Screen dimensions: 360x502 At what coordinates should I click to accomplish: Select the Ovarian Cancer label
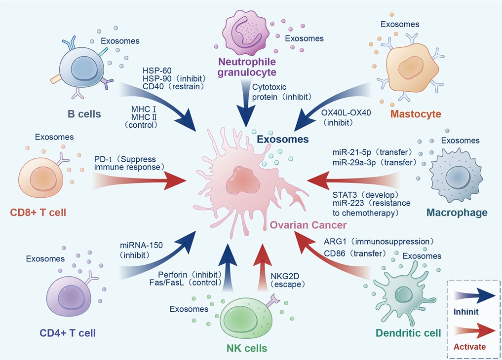[x=308, y=225]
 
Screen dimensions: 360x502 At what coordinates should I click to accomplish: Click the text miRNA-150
[x=140, y=246]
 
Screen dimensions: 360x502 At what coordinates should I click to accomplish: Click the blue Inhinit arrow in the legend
[x=473, y=298]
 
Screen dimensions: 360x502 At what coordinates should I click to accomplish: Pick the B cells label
[x=84, y=114]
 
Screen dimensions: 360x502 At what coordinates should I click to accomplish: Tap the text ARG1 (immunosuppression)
[x=379, y=242]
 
